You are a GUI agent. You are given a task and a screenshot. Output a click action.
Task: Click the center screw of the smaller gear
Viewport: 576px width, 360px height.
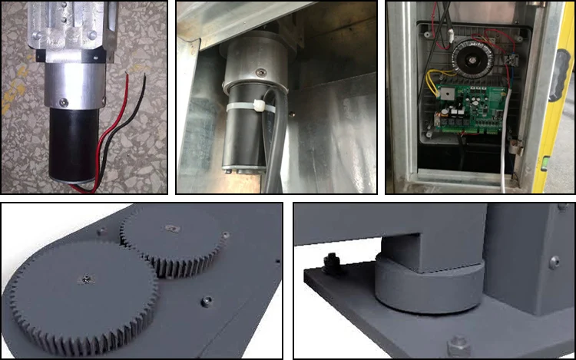tap(170, 226)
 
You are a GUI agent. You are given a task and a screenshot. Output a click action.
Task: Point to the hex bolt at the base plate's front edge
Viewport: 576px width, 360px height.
tap(459, 345)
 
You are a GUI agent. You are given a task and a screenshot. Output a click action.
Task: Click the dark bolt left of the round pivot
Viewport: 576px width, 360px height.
tap(333, 265)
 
